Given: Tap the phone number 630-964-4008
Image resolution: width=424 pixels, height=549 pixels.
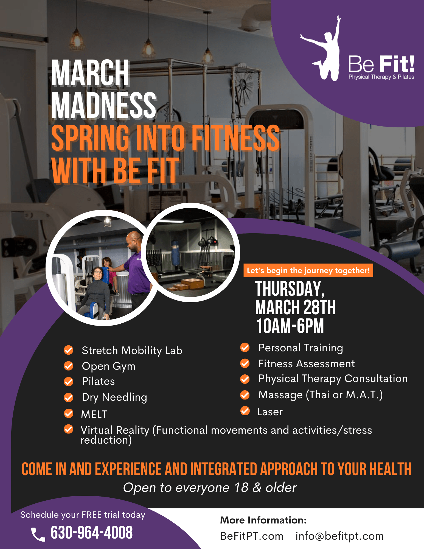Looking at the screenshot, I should [x=92, y=533].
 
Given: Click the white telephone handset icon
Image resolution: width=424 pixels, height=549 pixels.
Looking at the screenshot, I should [x=38, y=534].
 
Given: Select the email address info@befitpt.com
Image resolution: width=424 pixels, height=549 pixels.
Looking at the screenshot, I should [x=339, y=536].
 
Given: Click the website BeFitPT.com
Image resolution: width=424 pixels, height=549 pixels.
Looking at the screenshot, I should [x=252, y=536].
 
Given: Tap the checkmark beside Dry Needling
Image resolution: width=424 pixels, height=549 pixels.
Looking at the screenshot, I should [x=69, y=397].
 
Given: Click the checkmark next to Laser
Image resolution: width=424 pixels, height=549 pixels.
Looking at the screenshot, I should [x=245, y=411].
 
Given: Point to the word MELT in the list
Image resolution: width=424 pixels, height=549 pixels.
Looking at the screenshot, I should [x=94, y=414].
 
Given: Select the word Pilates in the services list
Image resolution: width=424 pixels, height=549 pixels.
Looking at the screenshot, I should [x=98, y=381].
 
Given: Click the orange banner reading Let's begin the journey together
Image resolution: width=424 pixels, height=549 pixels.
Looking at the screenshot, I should [x=308, y=270].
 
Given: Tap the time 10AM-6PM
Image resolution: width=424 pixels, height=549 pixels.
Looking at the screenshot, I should [x=290, y=326].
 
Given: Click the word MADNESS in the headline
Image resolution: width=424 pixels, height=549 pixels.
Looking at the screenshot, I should [x=104, y=105].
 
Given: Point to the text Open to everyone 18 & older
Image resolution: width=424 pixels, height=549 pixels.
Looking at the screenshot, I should [x=210, y=488].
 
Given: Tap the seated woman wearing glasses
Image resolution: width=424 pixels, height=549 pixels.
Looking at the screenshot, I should [x=97, y=291].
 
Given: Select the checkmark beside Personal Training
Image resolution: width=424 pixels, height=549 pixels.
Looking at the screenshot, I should [x=245, y=348].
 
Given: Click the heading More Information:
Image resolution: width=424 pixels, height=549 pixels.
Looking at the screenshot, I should [x=263, y=520].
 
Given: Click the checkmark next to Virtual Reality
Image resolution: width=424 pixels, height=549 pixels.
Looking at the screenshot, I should [x=69, y=429].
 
